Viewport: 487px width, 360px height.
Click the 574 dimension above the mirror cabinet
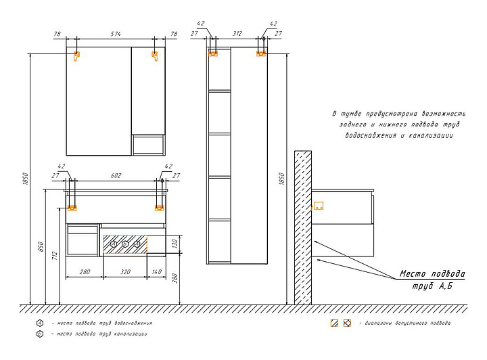click(115, 33)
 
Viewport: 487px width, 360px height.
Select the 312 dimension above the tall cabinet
click(237, 33)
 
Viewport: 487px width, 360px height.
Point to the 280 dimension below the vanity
click(85, 271)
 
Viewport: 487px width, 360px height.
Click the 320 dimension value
click(126, 271)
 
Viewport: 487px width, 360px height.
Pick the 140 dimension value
click(157, 271)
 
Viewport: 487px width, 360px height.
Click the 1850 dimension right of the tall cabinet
click(282, 179)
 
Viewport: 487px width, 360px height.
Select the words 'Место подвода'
click(432, 274)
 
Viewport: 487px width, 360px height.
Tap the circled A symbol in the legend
click(41, 323)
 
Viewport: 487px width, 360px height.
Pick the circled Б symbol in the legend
click(41, 334)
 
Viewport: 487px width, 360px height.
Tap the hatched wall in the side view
click(303, 230)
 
